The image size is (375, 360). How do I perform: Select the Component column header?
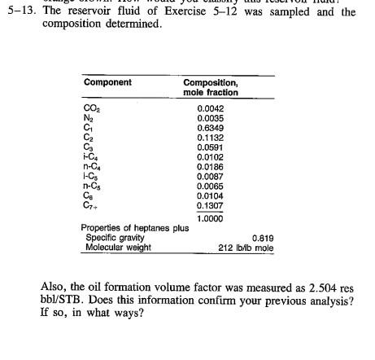[x=107, y=83]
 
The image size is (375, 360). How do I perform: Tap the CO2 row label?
[x=90, y=108]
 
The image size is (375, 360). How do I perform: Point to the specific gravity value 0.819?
[x=263, y=238]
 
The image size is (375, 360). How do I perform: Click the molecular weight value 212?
[x=229, y=248]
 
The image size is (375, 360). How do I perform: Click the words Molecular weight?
[x=117, y=248]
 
